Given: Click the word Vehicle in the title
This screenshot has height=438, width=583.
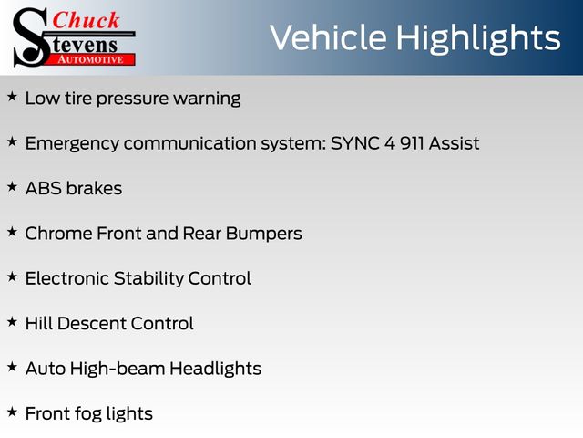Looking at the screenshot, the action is click(x=328, y=37).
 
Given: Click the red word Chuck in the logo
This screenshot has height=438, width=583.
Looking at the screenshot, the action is click(x=86, y=20).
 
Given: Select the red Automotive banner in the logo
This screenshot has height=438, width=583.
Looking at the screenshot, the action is click(x=92, y=59).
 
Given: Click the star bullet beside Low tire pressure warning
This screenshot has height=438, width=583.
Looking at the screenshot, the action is click(x=12, y=97).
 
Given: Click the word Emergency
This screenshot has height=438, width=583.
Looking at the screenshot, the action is click(x=72, y=144).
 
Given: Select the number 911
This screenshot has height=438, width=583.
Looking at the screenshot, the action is click(x=412, y=143).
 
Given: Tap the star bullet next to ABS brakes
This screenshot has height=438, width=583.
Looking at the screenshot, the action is click(x=12, y=186).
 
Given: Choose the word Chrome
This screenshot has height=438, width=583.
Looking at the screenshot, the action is click(x=58, y=234).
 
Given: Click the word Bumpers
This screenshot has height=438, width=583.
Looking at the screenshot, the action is click(x=263, y=235).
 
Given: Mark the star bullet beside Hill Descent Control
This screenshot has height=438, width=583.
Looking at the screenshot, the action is click(x=12, y=322).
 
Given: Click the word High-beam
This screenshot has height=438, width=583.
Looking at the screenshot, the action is click(x=118, y=369).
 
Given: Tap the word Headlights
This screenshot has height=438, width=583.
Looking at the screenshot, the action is click(x=215, y=369).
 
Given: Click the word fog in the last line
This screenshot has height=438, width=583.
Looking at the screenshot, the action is click(x=87, y=414).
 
